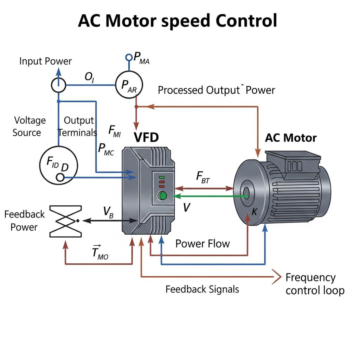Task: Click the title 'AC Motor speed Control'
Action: (178, 21)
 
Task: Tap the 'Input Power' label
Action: (45, 61)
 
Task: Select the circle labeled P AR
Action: (129, 85)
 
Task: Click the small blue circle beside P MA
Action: (129, 57)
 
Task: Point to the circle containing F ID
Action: (58, 165)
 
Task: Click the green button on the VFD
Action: (162, 196)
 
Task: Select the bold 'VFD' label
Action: (146, 137)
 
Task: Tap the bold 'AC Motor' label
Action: (291, 137)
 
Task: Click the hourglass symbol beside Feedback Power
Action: (66, 221)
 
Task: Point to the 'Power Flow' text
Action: (202, 243)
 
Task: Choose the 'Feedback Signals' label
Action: (202, 289)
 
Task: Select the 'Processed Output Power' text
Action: (216, 90)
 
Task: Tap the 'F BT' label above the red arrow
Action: (203, 178)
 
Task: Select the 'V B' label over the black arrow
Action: (108, 212)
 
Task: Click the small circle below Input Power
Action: (58, 85)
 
